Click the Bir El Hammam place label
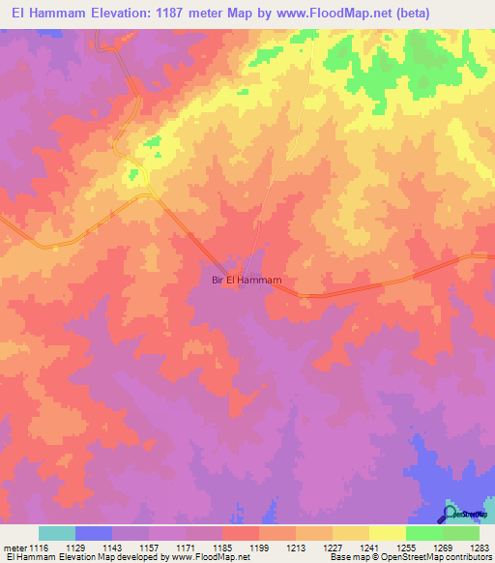247,281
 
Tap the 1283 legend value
480,547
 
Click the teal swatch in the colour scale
57,533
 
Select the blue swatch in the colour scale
94,533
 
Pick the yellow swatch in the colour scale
387,533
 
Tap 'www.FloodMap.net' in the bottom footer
205,558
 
